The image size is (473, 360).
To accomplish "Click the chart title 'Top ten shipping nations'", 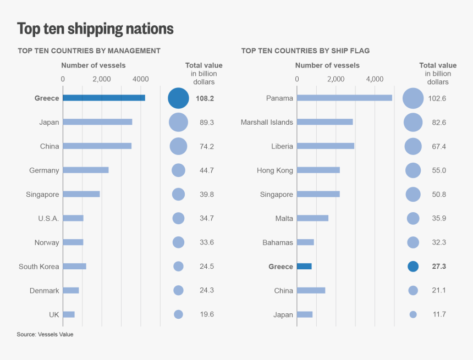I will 95,29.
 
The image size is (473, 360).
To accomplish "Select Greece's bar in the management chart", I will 104,98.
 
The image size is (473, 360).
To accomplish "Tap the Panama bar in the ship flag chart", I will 344,98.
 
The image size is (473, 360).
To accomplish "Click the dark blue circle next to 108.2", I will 178,98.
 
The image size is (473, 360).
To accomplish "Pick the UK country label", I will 54,314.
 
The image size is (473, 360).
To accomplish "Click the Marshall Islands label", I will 267,122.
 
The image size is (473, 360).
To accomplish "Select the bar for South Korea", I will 74,267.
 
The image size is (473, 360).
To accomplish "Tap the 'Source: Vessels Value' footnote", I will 45,334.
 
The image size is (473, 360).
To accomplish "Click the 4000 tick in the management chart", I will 141,79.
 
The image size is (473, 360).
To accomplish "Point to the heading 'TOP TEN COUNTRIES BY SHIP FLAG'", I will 305,51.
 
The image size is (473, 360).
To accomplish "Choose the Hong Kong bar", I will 318,170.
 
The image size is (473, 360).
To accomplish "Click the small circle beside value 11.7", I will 413,314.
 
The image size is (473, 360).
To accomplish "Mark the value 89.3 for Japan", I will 207,122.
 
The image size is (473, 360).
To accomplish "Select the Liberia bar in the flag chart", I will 326,146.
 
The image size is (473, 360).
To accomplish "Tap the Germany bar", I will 85,170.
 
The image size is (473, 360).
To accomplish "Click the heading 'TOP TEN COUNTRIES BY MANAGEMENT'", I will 89,51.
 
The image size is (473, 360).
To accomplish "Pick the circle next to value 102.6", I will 413,98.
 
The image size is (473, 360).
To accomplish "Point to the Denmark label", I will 45,290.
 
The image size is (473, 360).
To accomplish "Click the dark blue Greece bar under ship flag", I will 304,267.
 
